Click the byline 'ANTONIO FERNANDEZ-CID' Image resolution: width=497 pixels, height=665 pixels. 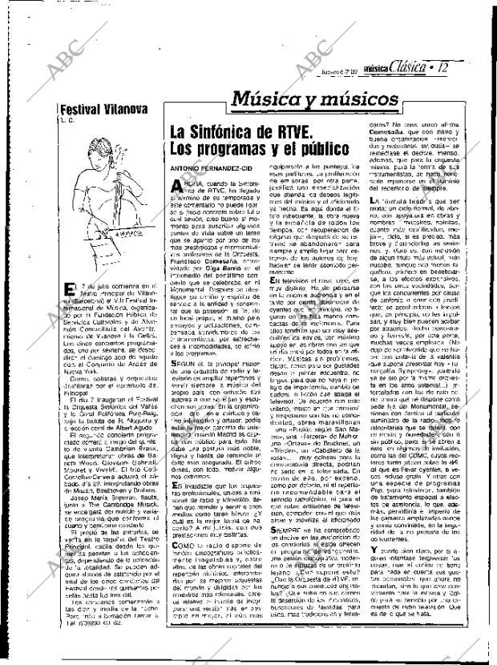point(211,167)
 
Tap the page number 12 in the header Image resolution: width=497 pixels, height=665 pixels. point(444,69)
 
